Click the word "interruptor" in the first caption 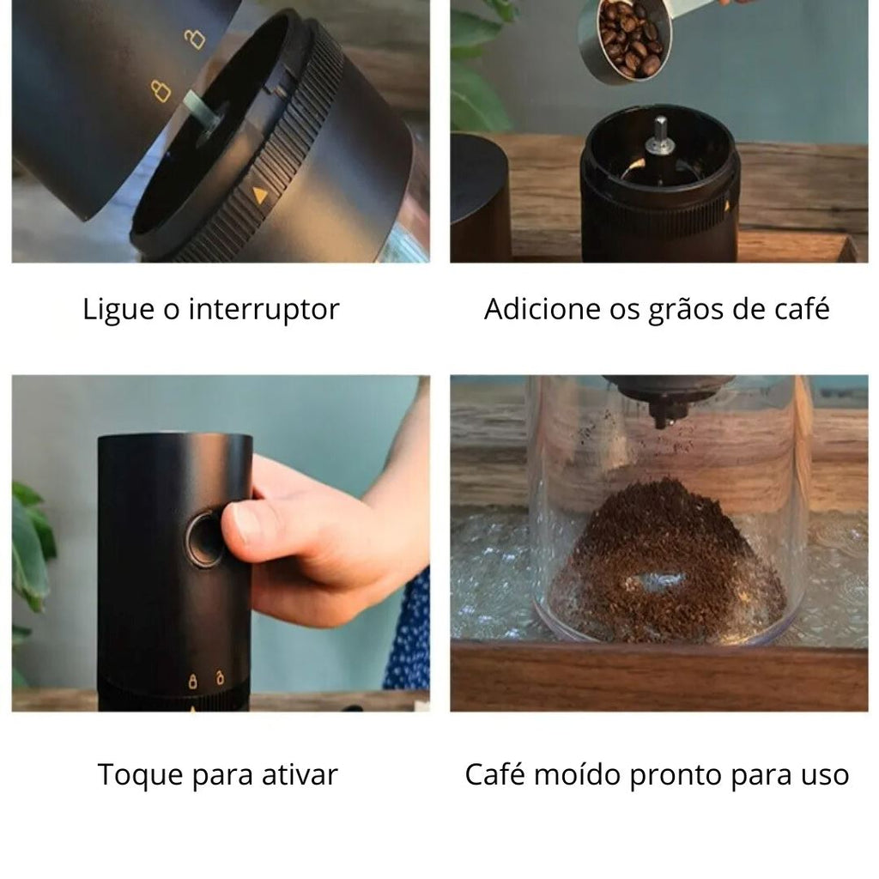(264, 309)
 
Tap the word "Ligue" (118, 309)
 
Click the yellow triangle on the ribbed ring (259, 195)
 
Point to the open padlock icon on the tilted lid (195, 38)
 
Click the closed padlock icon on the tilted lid (161, 91)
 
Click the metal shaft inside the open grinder (659, 136)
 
